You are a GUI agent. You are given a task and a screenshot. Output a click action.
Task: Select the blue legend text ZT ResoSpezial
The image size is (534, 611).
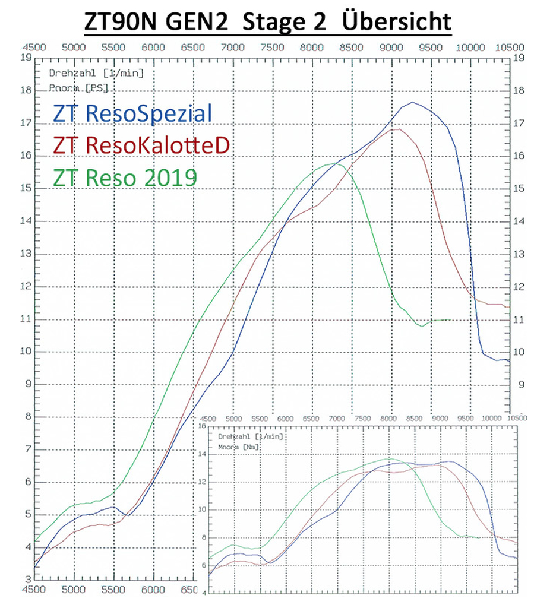(132, 113)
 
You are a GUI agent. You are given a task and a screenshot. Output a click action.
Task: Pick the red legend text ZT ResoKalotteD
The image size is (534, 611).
(141, 144)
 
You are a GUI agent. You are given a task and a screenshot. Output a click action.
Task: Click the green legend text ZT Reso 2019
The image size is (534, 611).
(125, 176)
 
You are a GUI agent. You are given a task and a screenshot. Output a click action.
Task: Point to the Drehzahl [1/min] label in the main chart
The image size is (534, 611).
(95, 74)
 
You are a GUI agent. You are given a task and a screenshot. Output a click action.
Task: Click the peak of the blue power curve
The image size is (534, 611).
(412, 102)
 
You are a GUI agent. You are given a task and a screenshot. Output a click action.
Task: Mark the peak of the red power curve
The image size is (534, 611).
(397, 129)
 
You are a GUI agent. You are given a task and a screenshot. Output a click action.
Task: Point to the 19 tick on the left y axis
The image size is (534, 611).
(26, 58)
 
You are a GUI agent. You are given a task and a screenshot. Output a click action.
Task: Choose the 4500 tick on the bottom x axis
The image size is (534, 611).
(34, 591)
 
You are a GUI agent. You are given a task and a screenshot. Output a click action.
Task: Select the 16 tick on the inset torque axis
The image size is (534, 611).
(202, 426)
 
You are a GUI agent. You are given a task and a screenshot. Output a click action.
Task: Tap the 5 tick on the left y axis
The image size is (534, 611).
(26, 515)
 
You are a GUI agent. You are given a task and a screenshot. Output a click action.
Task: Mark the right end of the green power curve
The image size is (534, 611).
(451, 319)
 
